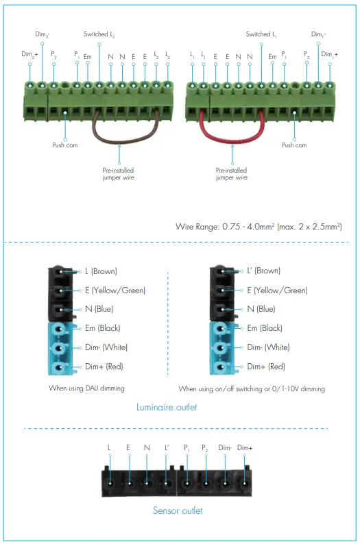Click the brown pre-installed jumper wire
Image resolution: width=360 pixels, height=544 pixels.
tap(128, 137)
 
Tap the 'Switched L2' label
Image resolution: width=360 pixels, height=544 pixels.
tap(99, 34)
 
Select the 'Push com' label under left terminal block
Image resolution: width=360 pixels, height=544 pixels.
tap(65, 145)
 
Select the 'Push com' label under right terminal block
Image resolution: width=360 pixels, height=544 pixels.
tap(294, 145)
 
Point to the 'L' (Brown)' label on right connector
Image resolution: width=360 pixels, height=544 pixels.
tap(263, 271)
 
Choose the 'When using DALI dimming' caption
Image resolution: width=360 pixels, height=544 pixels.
tap(86, 388)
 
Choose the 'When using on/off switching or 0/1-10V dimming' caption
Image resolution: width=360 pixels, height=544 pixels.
tap(252, 388)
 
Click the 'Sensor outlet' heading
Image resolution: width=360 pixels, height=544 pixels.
tap(178, 510)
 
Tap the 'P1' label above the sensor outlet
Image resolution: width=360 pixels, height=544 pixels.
tap(187, 448)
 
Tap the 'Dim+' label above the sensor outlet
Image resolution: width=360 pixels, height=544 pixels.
tap(245, 448)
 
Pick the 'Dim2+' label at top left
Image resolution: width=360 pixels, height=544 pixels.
tap(29, 54)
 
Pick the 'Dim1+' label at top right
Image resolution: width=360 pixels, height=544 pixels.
tap(330, 54)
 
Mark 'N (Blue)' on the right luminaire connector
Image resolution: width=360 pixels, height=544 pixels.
tap(261, 310)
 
